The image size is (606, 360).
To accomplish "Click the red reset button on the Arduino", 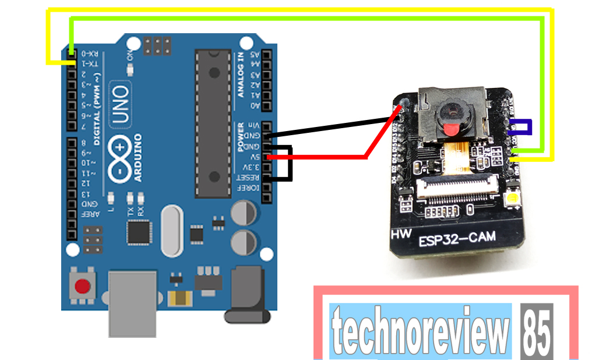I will (x=83, y=286).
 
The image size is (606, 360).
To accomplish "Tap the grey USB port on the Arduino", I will (x=132, y=303).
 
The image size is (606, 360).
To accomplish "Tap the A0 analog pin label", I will (x=255, y=105).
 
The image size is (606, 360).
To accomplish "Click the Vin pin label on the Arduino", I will (x=255, y=126).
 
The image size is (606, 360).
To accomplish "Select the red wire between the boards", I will (x=326, y=157).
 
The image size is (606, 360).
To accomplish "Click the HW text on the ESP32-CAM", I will (x=399, y=234).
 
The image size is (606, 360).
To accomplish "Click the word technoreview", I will (x=420, y=331).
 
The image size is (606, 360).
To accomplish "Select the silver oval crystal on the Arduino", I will (x=174, y=231).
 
